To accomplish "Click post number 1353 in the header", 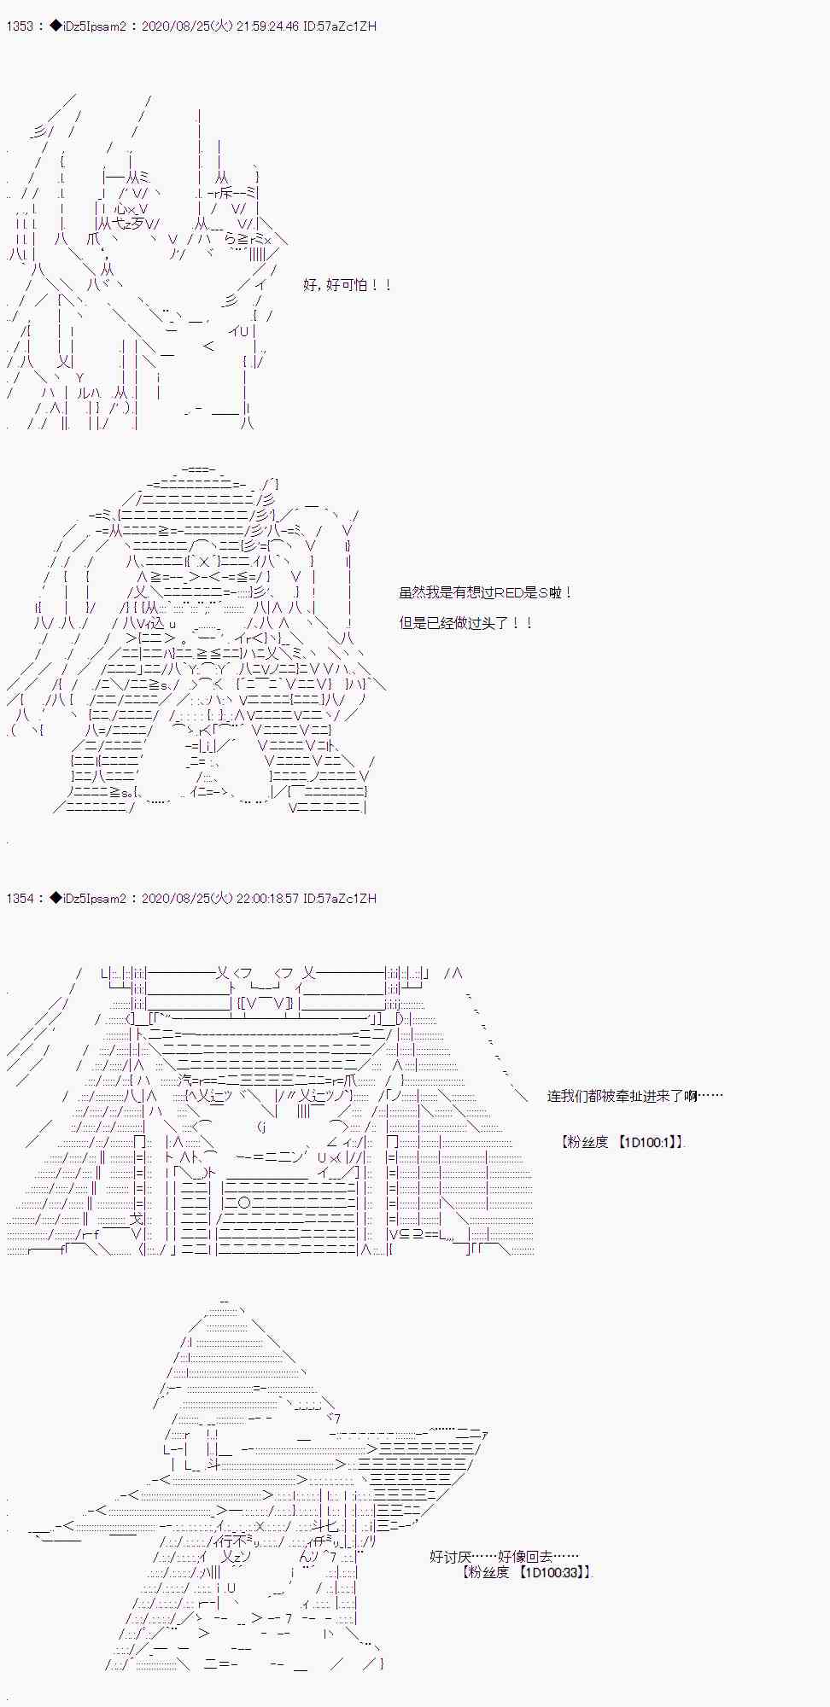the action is (20, 26).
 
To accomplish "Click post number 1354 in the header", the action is (20, 899).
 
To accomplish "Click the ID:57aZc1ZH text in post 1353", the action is (340, 26).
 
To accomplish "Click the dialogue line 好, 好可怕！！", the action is (347, 285).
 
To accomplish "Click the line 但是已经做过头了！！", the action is (466, 623).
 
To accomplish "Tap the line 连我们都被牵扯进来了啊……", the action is (634, 1096).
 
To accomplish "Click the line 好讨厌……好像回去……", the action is (504, 1557).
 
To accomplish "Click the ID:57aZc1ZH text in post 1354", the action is (340, 899).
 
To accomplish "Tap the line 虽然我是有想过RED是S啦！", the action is (485, 592).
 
